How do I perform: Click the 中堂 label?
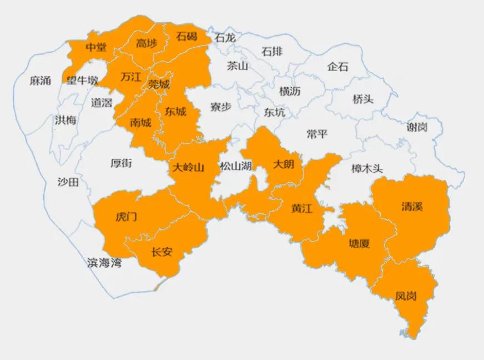click(x=96, y=47)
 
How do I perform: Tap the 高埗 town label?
click(x=147, y=43)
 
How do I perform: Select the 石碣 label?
click(x=186, y=37)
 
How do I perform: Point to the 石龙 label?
click(x=225, y=38)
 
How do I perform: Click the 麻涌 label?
click(x=40, y=81)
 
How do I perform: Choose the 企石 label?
click(x=338, y=67)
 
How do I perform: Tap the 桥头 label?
click(x=363, y=99)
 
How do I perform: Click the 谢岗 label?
click(x=417, y=127)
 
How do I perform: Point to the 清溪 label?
click(x=412, y=207)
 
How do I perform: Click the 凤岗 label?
click(x=406, y=296)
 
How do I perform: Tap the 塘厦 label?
click(x=359, y=243)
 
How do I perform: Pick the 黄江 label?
click(x=302, y=209)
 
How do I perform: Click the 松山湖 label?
click(x=236, y=166)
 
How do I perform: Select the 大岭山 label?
click(x=188, y=168)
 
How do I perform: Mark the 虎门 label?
click(x=126, y=217)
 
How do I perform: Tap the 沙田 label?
click(x=68, y=181)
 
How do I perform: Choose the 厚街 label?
click(x=121, y=163)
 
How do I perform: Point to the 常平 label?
click(x=317, y=134)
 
